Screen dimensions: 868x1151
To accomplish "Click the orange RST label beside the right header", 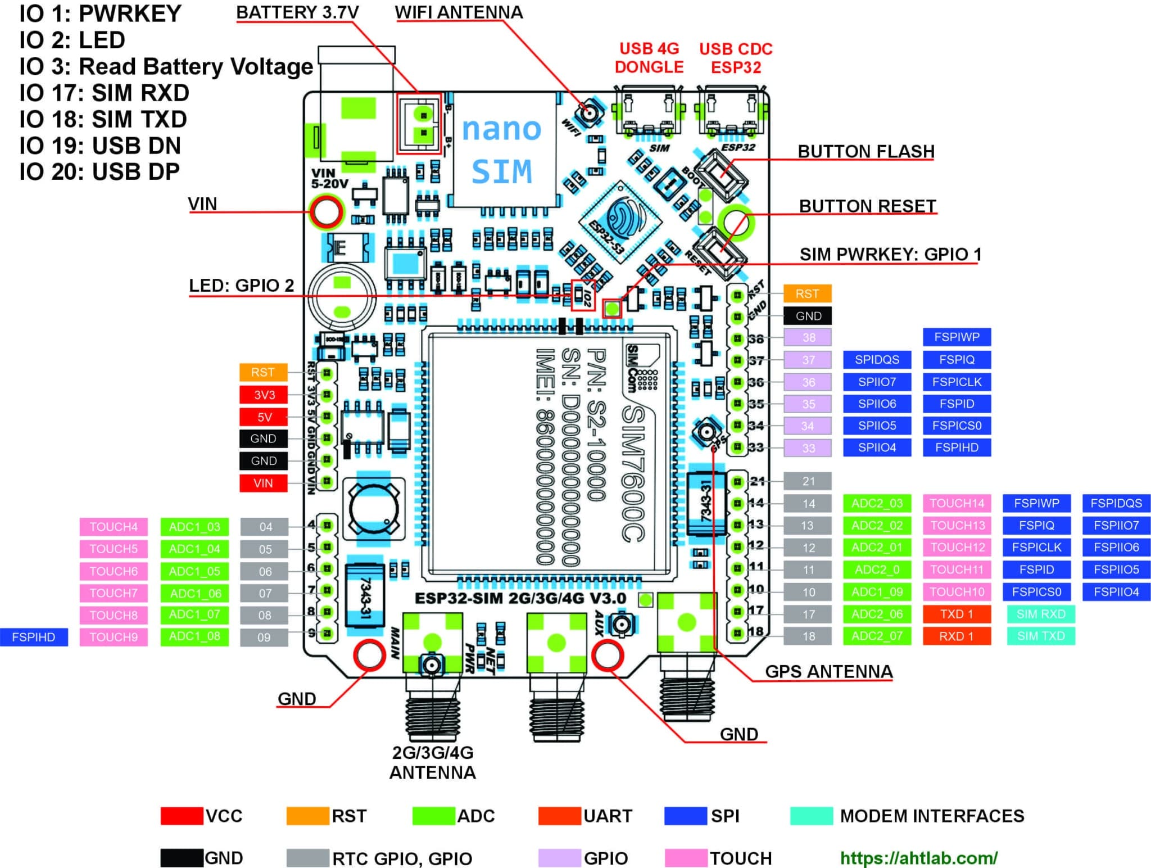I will [x=807, y=293].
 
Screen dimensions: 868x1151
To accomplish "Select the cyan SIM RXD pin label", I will [x=1040, y=614].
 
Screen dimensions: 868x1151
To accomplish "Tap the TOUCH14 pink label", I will [x=957, y=503].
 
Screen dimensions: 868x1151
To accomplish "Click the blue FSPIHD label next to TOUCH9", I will [x=34, y=637].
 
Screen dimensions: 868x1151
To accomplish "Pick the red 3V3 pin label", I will [x=264, y=395].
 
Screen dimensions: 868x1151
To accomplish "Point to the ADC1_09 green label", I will [x=877, y=591].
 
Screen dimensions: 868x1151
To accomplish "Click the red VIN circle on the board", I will [x=327, y=212].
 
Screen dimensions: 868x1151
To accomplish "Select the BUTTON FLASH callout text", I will [x=865, y=152].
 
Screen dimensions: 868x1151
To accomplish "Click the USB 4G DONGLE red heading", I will [x=649, y=58].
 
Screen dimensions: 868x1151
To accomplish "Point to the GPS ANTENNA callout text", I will [x=828, y=671].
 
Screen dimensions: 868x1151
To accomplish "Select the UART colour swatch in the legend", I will [x=559, y=816].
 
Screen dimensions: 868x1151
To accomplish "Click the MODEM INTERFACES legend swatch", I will [x=811, y=816].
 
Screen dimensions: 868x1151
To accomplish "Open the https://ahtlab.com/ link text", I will [x=918, y=858].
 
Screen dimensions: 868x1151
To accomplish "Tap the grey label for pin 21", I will [x=808, y=481].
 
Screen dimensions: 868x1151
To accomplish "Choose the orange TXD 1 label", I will [x=957, y=614].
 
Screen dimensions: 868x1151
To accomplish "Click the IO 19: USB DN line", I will [x=100, y=146].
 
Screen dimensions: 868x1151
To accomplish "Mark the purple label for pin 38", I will [x=808, y=337].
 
